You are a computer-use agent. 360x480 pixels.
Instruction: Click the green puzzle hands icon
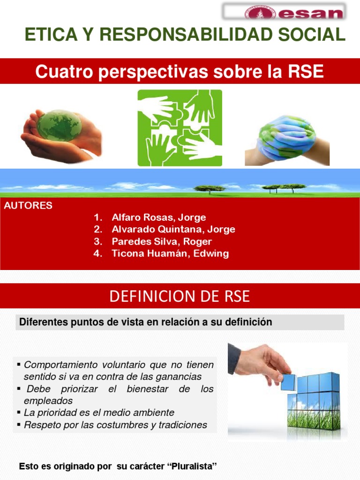180,127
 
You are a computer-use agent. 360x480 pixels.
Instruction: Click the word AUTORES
28,206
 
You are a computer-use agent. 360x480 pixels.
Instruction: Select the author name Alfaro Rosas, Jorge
158,217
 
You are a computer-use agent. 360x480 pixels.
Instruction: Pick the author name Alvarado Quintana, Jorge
173,230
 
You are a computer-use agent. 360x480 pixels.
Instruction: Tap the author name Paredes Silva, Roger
162,242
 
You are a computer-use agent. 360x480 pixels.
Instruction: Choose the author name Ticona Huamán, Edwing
170,254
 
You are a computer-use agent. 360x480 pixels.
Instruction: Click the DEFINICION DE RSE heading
180,296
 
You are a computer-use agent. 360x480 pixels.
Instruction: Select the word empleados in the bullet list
48,401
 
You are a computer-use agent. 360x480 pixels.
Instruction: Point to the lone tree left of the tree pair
210,188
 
